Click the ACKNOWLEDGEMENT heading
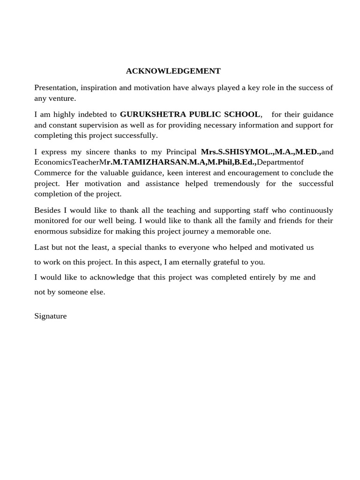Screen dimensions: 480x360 click(x=173, y=71)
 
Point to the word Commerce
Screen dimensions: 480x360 click(x=52, y=173)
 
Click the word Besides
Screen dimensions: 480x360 click(x=47, y=210)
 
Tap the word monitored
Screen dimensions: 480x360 click(x=52, y=221)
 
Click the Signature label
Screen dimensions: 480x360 click(x=51, y=316)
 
